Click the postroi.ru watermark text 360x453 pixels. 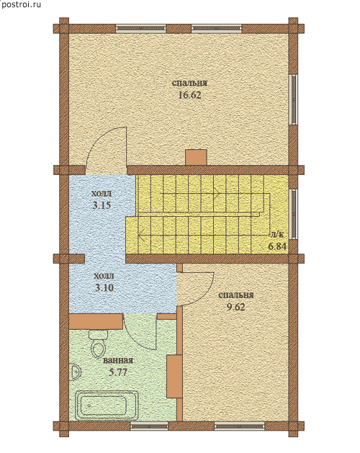coord(21,5)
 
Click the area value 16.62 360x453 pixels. coord(189,95)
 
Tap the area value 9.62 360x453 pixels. coord(235,307)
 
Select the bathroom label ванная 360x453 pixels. coord(118,360)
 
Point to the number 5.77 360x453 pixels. coord(118,372)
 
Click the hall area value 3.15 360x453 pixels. coord(102,205)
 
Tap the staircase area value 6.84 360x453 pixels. coord(277,247)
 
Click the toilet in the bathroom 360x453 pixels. coord(98,344)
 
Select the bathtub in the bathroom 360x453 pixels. coord(107,406)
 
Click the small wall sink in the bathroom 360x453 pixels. coord(75,372)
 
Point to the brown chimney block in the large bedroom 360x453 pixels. coord(196,158)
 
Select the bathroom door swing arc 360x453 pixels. coord(136,338)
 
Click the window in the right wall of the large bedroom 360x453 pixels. coord(294,100)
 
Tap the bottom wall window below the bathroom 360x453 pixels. coord(149,426)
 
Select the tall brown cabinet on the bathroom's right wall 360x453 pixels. coord(174,377)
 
